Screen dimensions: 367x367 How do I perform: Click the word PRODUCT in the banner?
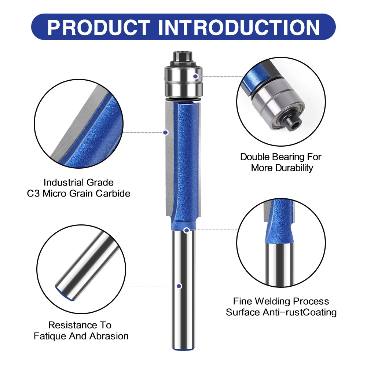(99, 27)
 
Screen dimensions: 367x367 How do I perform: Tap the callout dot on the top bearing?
(196, 76)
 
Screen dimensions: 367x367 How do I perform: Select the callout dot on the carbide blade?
(165, 132)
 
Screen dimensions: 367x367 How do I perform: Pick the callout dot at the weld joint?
(187, 230)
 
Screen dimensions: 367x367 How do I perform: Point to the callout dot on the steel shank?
(179, 286)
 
